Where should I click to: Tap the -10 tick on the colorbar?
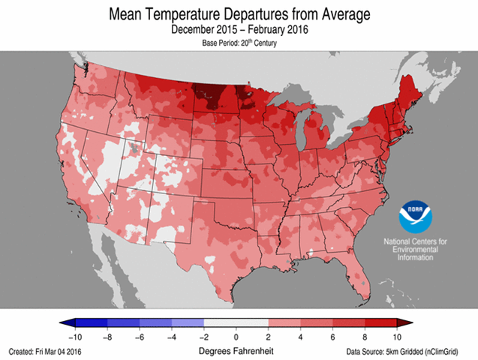(x=75, y=336)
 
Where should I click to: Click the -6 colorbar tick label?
(x=140, y=336)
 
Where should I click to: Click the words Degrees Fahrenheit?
(x=236, y=350)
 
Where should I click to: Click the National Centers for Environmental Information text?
(x=415, y=249)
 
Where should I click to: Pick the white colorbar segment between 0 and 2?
(x=253, y=322)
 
